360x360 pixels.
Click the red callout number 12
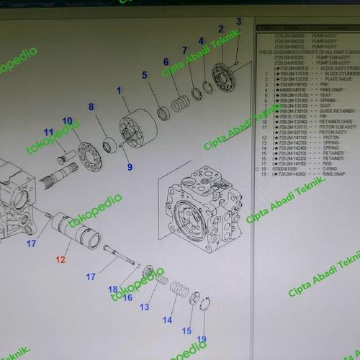pos(61,258)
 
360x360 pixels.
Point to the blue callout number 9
pos(130,167)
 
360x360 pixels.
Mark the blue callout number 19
pos(201,338)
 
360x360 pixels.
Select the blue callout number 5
pos(144,75)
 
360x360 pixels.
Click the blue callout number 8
pos(91,107)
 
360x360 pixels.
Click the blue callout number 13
pos(144,307)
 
